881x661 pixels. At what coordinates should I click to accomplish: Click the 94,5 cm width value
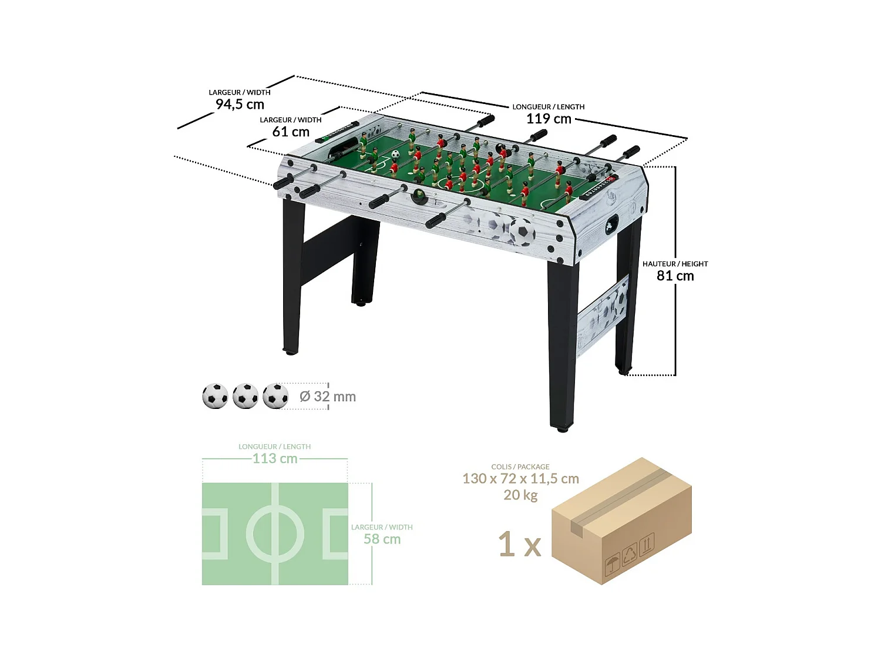point(240,105)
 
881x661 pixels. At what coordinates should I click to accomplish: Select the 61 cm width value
point(291,132)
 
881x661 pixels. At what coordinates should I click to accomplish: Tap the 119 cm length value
point(549,119)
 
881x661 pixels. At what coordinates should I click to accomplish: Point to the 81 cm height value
point(675,276)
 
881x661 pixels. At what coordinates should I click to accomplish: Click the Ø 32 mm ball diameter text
point(328,397)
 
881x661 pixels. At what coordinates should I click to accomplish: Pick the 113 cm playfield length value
point(275,459)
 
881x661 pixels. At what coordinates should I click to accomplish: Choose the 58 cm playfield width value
point(382,539)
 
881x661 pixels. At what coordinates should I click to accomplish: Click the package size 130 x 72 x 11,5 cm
point(520,479)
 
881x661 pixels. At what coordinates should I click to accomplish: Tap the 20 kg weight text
point(520,495)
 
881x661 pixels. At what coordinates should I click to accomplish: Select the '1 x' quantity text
point(519,545)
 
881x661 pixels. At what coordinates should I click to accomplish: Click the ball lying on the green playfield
point(395,155)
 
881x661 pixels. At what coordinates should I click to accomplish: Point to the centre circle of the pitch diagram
point(275,534)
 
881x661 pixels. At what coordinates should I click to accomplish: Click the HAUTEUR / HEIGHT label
point(675,264)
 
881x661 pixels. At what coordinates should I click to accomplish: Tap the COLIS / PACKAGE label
point(520,467)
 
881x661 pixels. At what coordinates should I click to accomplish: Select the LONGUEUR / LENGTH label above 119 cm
point(548,107)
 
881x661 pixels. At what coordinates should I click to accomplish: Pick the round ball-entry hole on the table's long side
point(419,196)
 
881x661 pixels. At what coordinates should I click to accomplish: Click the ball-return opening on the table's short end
point(612,224)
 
